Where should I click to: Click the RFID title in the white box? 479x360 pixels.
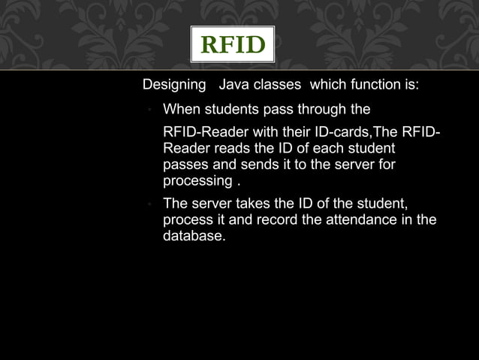tap(232, 46)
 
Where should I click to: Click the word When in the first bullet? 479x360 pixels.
tap(182, 110)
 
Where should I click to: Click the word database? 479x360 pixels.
tap(192, 236)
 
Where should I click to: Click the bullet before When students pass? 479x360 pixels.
tap(150, 110)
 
